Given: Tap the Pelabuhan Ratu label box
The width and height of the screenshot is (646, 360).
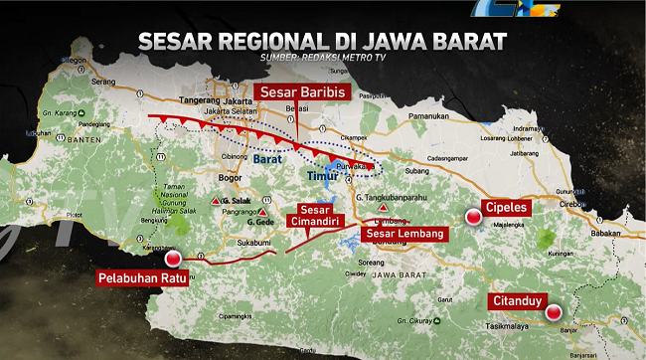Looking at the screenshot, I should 142,276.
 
